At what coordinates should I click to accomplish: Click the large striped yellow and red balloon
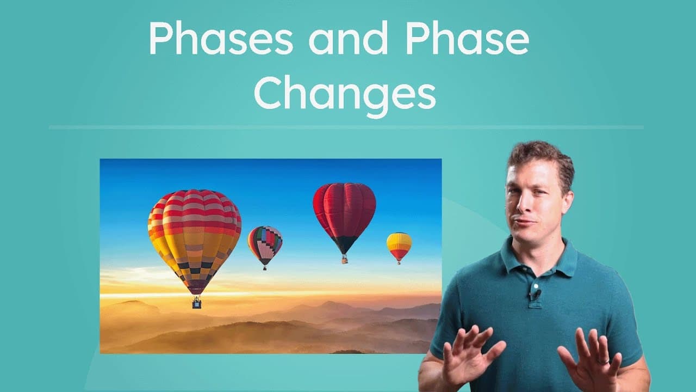(194, 234)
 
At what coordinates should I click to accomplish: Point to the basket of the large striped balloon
(196, 303)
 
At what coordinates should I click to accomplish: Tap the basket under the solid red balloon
(344, 260)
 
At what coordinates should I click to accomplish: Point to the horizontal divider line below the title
(346, 127)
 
